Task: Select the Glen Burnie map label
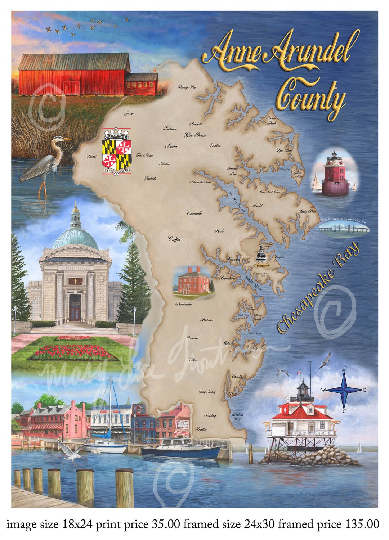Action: pos(195,135)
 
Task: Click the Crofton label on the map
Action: pos(174,239)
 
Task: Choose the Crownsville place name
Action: pos(194,213)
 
